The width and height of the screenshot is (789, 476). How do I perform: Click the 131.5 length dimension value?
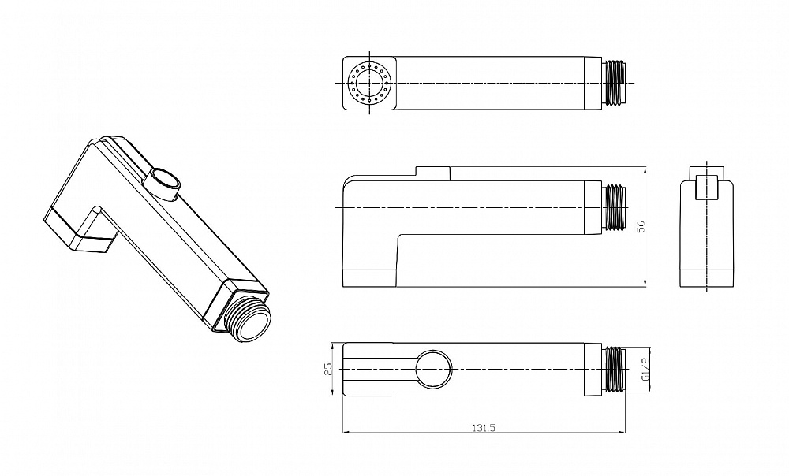point(484,427)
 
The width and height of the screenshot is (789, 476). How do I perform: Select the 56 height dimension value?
point(641,226)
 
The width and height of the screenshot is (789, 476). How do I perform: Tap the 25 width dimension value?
point(328,370)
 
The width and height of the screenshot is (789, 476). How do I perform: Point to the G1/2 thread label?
point(645,370)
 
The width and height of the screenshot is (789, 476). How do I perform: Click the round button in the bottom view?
point(434,370)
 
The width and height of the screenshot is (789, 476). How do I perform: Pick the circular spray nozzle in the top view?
point(370,83)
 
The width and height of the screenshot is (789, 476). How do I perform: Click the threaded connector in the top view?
point(614,83)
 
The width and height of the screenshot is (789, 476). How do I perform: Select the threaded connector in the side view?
point(614,207)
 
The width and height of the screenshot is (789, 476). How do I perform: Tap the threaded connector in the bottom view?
point(614,370)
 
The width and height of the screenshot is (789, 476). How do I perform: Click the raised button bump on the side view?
point(432,173)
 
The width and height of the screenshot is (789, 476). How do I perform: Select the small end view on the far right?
point(706,226)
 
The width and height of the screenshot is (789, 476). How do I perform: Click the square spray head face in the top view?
point(370,83)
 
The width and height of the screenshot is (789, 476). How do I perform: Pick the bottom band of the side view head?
point(370,278)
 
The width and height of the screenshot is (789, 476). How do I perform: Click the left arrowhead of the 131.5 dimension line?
point(346,432)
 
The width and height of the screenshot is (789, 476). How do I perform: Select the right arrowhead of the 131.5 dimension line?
point(622,432)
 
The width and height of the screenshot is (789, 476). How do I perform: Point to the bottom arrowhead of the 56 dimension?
point(645,284)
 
